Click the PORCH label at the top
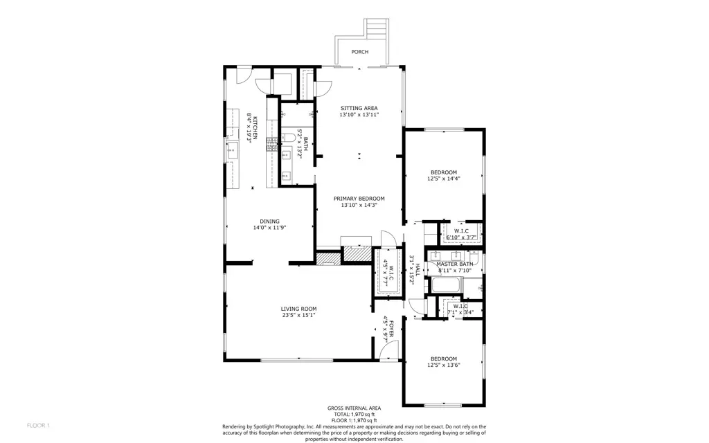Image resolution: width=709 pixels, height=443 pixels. (x=359, y=52)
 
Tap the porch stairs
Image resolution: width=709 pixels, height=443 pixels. (x=375, y=30)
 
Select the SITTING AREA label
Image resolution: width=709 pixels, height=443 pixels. (x=359, y=108)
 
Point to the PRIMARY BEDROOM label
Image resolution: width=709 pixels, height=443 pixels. (x=362, y=199)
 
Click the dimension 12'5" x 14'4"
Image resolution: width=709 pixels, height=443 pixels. (x=444, y=179)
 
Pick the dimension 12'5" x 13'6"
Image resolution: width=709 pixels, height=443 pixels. (x=444, y=365)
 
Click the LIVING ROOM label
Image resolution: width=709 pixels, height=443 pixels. (x=298, y=309)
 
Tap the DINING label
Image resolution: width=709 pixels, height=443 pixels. (x=269, y=221)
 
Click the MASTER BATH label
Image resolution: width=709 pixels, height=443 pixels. (x=455, y=264)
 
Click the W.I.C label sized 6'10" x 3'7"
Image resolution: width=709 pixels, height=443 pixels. (x=462, y=230)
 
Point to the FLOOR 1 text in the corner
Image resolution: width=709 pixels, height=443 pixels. (x=38, y=424)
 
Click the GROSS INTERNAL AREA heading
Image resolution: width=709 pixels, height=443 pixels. (x=354, y=408)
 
